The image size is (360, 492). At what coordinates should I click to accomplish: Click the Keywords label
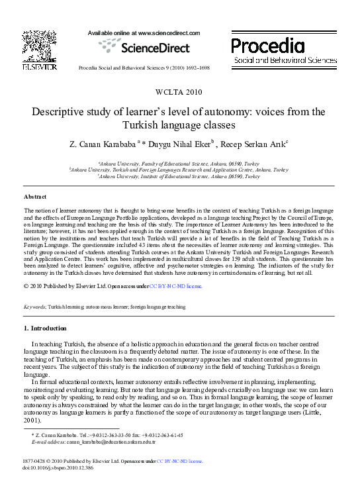[x=34, y=307]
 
